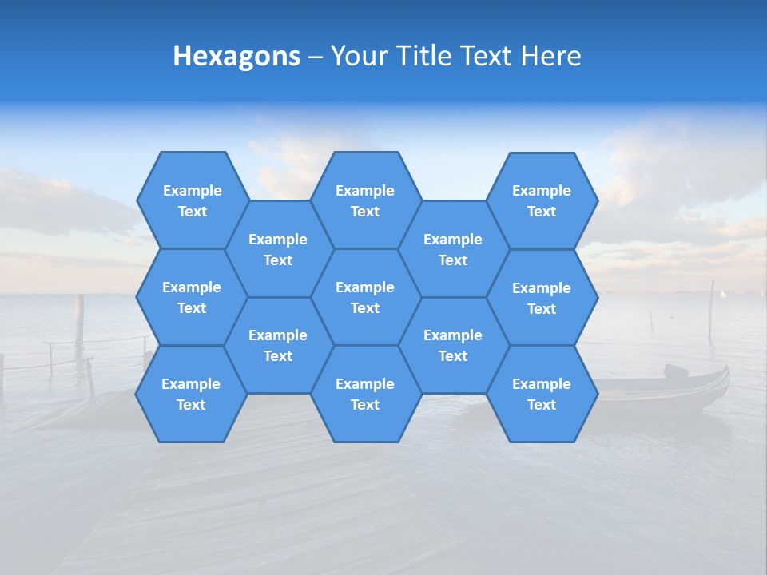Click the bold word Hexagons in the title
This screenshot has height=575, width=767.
coord(236,56)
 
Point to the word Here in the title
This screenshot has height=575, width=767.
coord(550,56)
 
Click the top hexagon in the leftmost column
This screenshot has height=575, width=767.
coord(192,200)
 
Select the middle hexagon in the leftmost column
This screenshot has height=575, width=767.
coord(192,297)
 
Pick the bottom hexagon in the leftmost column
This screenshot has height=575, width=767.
coord(191,394)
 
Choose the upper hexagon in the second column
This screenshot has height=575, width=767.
coord(278,249)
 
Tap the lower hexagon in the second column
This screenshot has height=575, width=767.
coord(278,345)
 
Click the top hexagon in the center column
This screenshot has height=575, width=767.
coord(365,200)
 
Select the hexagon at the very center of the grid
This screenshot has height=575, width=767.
coord(365,297)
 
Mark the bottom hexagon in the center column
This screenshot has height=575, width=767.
coord(365,394)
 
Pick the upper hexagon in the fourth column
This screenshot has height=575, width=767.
coord(453,249)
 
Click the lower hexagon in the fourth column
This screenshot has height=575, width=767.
coord(453,345)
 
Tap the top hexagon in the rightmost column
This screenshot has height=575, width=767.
coord(542,200)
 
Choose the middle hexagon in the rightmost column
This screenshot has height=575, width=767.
coord(542,298)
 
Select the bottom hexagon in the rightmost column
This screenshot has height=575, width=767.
coord(542,394)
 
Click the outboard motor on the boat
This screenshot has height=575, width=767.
coord(676,371)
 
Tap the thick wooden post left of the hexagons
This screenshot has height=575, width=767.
coord(79,316)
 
